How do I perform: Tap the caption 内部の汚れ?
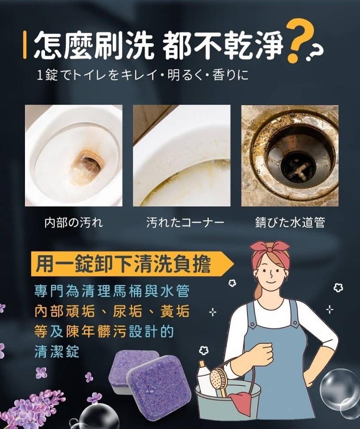[74, 222]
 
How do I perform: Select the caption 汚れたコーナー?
[185, 222]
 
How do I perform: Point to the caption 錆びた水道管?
[290, 222]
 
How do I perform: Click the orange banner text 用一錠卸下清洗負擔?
[123, 264]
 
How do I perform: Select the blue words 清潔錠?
[57, 352]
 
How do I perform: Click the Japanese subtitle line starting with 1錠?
[143, 75]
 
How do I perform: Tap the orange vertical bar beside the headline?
[25, 45]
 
